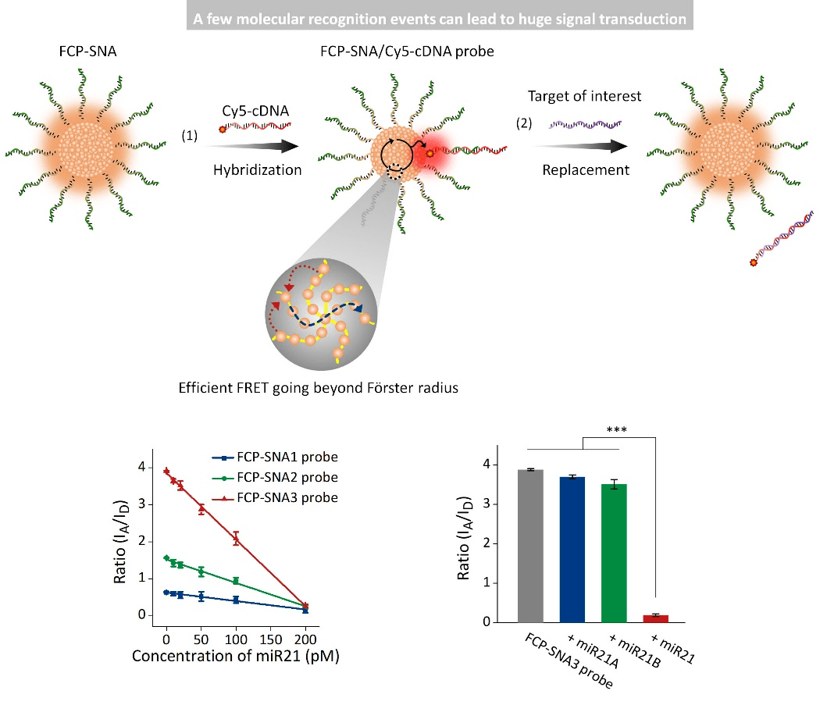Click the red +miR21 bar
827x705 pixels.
pos(655,618)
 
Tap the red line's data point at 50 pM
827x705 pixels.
pos(201,508)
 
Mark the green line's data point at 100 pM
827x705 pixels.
pos(237,581)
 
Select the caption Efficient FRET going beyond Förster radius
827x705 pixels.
pos(318,388)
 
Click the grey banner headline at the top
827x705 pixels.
pos(440,18)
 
